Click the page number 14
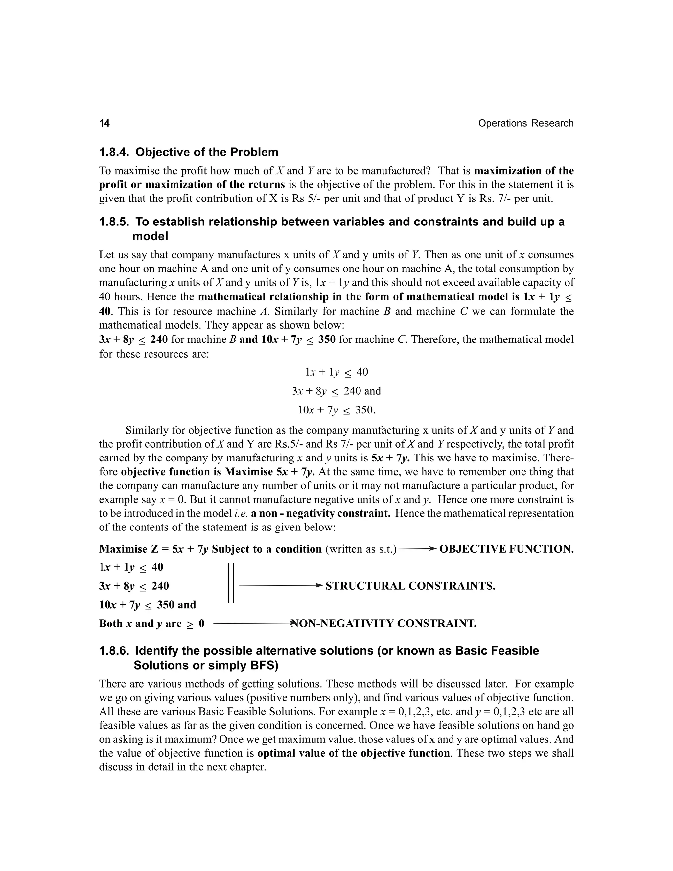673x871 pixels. coord(104,123)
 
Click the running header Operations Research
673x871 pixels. coord(525,123)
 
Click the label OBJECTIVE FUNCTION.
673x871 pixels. coord(506,549)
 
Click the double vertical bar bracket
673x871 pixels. coord(231,583)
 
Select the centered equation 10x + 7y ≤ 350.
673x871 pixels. coord(336,410)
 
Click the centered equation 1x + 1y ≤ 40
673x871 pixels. coord(336,372)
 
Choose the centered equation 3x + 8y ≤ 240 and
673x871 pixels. coord(336,391)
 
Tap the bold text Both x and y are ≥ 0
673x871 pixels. coord(151,623)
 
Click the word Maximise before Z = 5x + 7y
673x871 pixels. coord(123,549)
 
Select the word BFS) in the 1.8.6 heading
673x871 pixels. coord(262,665)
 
